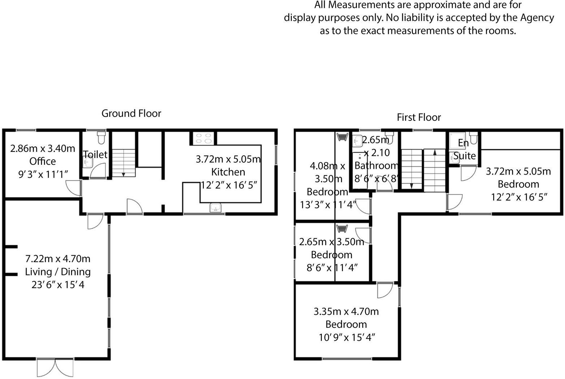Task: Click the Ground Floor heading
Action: pos(131,113)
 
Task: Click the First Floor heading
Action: pos(419,117)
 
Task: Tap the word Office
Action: pos(43,161)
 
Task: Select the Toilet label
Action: pos(95,154)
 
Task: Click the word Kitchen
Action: pos(228,172)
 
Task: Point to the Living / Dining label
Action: pos(58,272)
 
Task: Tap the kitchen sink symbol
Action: pos(216,208)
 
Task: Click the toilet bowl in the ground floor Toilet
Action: pos(101,137)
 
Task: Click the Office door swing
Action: pos(74,188)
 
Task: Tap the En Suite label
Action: pos(464,149)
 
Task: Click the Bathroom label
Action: pos(376,166)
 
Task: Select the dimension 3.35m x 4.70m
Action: pos(346,311)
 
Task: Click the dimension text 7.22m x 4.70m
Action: pos(58,259)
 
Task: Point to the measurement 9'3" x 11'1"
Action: pos(43,175)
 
